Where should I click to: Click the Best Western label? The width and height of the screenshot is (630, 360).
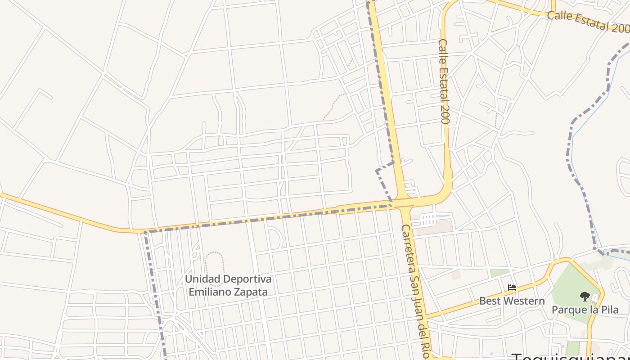coord(512,301)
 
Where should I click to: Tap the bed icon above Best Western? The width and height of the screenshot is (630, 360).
coord(512,287)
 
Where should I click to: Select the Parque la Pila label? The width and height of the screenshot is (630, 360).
coord(585,310)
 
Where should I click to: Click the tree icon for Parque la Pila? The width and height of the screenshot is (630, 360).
coord(585,296)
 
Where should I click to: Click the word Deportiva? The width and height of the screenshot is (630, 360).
coord(247,279)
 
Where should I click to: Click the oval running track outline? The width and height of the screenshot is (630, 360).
coord(215,268)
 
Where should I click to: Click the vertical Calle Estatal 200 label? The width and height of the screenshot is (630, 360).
coord(444,81)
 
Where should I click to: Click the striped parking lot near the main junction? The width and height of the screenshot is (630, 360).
coord(429,220)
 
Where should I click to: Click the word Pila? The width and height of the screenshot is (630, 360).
coord(609,310)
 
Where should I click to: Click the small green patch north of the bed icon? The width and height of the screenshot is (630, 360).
coord(499,273)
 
